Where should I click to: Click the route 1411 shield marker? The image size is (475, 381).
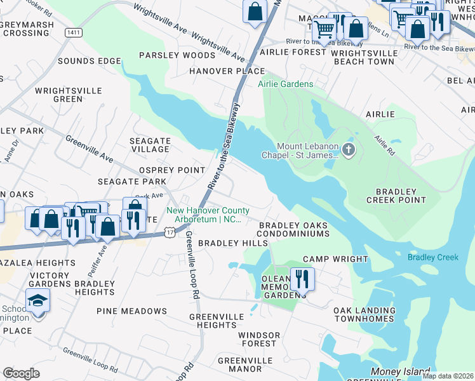click(x=72, y=31)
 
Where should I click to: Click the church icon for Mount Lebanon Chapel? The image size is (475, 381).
click(x=347, y=150)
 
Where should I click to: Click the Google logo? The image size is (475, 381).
click(x=21, y=373)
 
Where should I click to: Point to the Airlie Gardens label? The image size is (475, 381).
click(x=285, y=84)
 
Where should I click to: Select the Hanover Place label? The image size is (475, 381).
click(x=227, y=71)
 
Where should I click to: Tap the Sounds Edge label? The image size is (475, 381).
click(x=89, y=61)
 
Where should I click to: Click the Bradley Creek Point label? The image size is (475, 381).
click(x=396, y=195)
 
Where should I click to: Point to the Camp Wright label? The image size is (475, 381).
click(x=335, y=259)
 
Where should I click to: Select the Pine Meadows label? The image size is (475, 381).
click(x=131, y=311)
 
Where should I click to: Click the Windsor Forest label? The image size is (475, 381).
click(x=258, y=339)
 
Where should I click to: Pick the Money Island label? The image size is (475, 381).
click(x=395, y=370)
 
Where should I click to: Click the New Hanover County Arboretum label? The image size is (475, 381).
click(x=208, y=215)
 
